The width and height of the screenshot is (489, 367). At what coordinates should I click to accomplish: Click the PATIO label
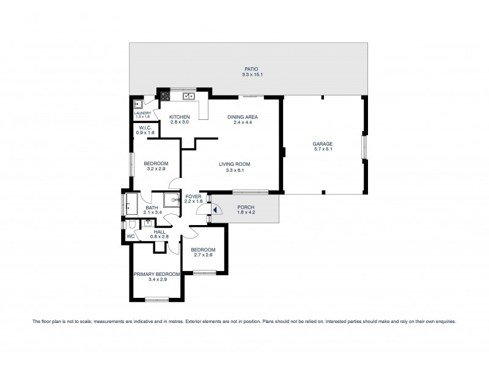(248, 69)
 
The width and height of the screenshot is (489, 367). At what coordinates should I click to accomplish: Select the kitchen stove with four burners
(164, 95)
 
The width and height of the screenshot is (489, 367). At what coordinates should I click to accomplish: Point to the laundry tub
(138, 105)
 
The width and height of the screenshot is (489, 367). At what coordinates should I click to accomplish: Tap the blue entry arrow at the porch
(214, 210)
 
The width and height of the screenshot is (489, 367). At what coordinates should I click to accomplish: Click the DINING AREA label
(242, 117)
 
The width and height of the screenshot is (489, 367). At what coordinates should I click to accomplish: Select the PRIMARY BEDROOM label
(156, 274)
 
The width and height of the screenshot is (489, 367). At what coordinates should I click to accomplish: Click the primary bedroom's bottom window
(156, 299)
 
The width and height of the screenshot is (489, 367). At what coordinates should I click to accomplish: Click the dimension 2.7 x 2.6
(202, 256)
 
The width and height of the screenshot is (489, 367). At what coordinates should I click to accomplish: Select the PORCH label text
(246, 207)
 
